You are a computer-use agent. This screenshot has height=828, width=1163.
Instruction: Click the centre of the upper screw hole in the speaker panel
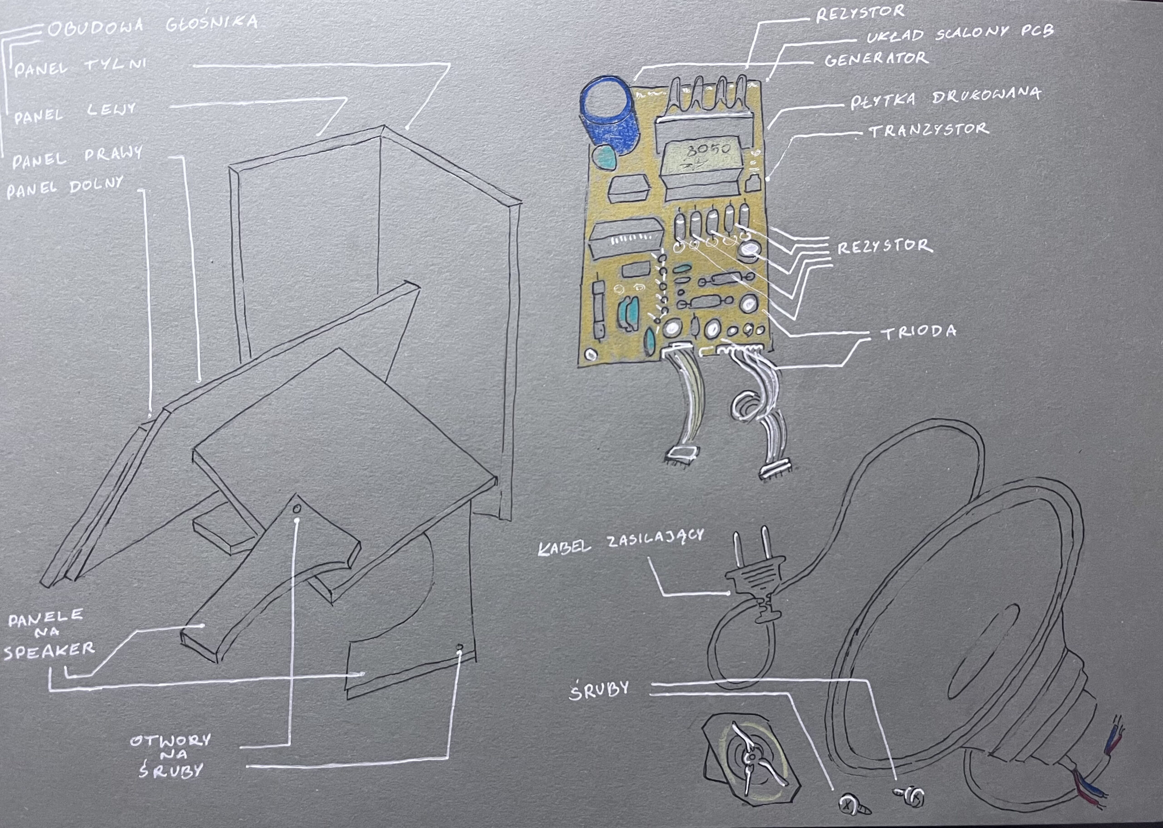[x=297, y=509]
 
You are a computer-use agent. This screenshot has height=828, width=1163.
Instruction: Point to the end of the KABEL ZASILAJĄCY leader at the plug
[x=728, y=593]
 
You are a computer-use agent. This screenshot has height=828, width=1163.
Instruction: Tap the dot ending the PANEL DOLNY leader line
[x=150, y=416]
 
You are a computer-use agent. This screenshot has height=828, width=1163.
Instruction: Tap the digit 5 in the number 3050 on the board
[x=713, y=149]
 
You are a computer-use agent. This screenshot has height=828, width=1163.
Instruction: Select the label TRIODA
[x=919, y=333]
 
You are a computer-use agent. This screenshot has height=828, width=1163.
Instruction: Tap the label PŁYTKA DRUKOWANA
[x=945, y=98]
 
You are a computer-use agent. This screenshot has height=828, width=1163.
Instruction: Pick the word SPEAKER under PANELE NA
[x=50, y=651]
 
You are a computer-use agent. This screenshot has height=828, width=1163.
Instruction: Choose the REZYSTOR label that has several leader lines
[x=885, y=247]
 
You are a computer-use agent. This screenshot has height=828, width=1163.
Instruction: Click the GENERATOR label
[x=876, y=59]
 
